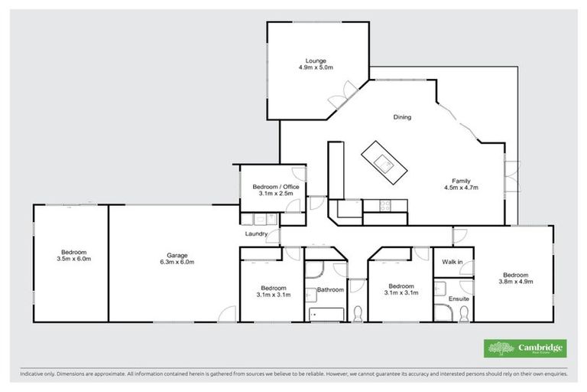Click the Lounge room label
coord(316,61)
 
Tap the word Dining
coord(402,118)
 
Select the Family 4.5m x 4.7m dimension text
coord(460,187)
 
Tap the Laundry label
coord(255,233)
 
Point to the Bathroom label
coord(331,289)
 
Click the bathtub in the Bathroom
coord(326,312)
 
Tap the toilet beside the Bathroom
coord(357,312)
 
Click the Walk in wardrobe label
coord(452,263)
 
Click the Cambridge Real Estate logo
coord(526,348)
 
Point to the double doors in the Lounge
coord(338,100)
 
